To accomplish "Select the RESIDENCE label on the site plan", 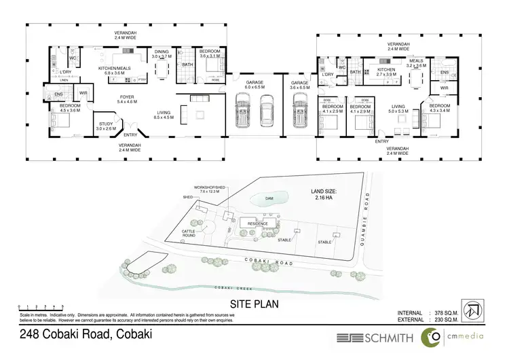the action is click(x=257, y=223).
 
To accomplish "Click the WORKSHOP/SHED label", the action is click(x=208, y=189).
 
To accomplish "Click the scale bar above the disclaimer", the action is click(x=41, y=308).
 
